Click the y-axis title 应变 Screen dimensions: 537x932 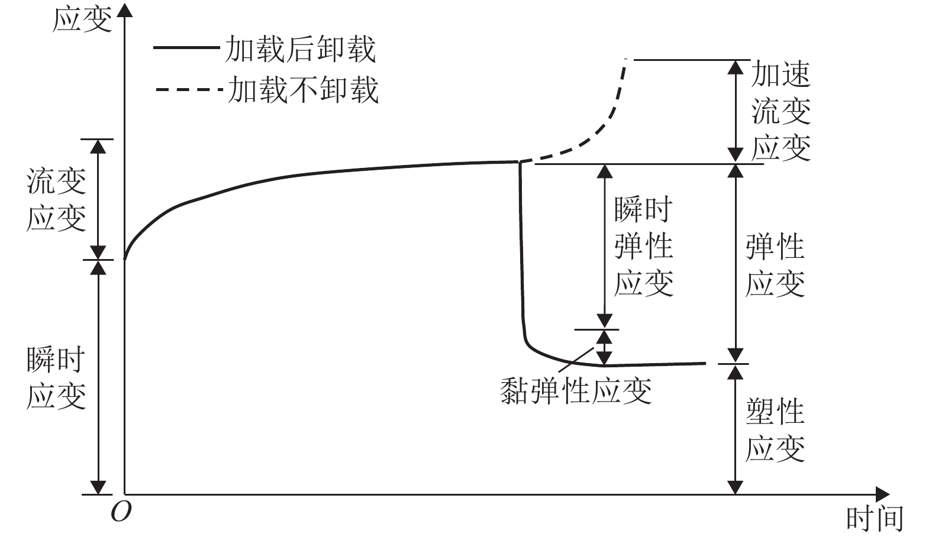[82, 20]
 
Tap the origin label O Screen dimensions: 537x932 [121, 512]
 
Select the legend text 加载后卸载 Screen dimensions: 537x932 [300, 48]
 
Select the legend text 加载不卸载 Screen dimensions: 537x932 [303, 90]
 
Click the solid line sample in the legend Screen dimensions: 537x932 [185, 47]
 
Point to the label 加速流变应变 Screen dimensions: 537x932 [781, 111]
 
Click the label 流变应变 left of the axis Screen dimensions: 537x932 [56, 199]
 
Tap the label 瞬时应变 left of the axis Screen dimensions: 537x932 [56, 379]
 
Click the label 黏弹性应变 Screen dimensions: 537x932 [576, 391]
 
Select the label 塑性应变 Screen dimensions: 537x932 [775, 429]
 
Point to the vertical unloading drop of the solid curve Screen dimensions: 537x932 [521, 248]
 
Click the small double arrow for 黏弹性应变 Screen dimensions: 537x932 [604, 347]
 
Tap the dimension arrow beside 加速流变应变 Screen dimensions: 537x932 [735, 111]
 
